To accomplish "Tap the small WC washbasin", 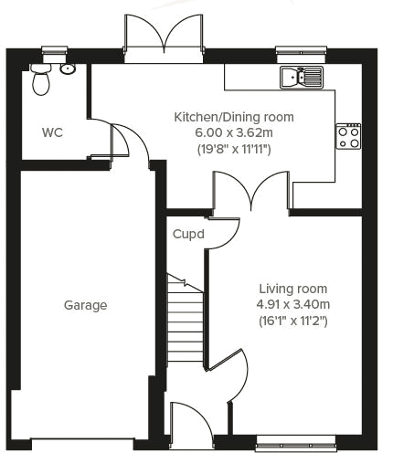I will (x=68, y=68).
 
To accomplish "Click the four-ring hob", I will (x=348, y=136).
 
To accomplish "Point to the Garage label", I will (x=85, y=306).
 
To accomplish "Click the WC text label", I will (x=52, y=132).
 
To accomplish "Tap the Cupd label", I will (x=188, y=234).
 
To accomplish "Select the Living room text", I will (x=292, y=289).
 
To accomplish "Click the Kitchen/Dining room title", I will (x=235, y=117).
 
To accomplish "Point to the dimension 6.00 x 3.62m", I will (x=235, y=132).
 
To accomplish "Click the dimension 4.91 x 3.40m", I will (x=292, y=305).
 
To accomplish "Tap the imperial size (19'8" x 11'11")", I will (x=235, y=149).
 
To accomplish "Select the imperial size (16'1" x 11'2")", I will (x=292, y=321).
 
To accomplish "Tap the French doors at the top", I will (x=165, y=37).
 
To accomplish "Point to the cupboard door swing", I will (x=224, y=231).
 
